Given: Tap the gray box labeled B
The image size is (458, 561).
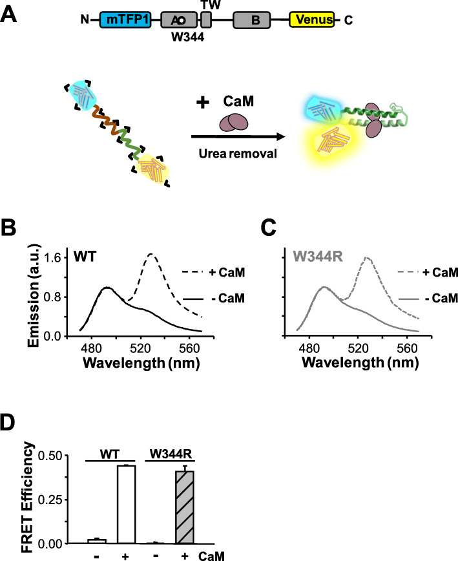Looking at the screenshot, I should (x=256, y=20).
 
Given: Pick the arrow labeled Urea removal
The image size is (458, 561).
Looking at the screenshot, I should (x=238, y=136).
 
